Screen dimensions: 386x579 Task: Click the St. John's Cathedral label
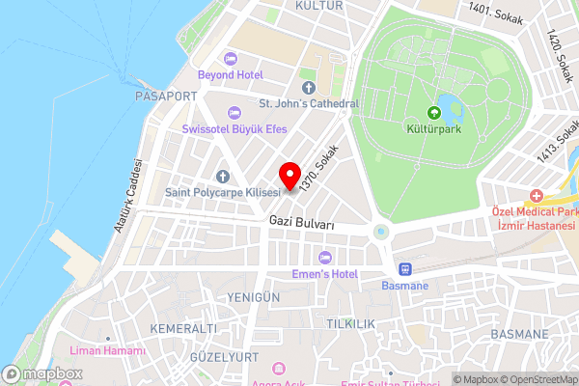tap(308, 103)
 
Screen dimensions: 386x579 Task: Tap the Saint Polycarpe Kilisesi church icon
tap(223, 176)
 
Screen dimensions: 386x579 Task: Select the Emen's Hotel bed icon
tap(325, 257)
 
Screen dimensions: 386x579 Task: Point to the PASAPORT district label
tap(166, 96)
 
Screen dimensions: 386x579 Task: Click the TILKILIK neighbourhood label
tap(350, 322)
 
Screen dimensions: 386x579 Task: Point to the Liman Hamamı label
tap(113, 350)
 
